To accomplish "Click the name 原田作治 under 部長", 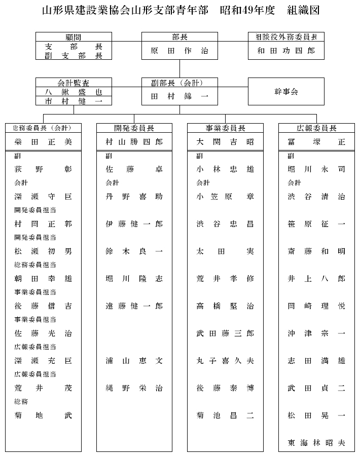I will tap(179, 51).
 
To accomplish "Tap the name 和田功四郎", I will tap(286, 51).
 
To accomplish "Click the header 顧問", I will tap(74, 37).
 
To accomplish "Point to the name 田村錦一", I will tap(179, 95).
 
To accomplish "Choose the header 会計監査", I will tap(74, 83).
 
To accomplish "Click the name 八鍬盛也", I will tap(74, 92).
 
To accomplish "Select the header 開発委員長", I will tap(134, 128).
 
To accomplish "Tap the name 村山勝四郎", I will tap(134, 142).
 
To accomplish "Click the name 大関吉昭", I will tap(225, 142).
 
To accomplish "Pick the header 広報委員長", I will tap(316, 128).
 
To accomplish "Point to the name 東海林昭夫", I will tap(316, 443).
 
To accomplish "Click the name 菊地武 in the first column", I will tap(43, 415).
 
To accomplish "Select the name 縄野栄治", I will tap(134, 388).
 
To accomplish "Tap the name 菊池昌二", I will tap(225, 415).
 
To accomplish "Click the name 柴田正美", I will tap(43, 142).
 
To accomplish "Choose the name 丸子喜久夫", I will tap(225, 361).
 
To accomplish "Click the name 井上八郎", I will tap(316, 279).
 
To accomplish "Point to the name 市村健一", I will tap(74, 101).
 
